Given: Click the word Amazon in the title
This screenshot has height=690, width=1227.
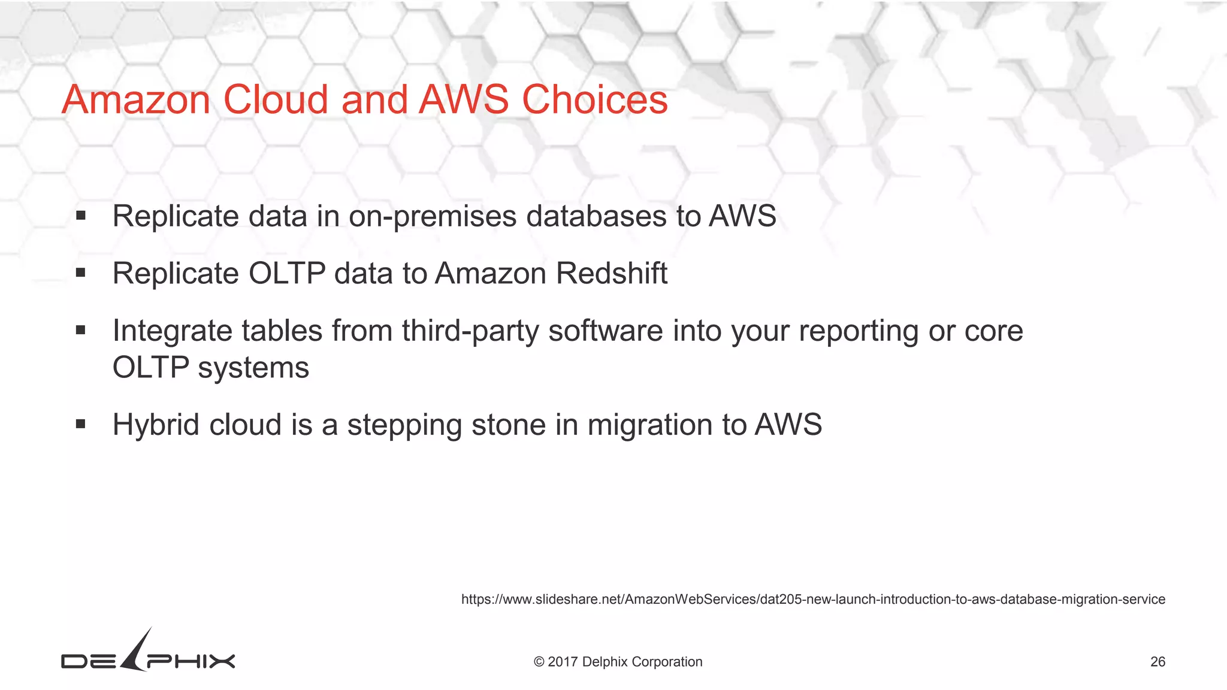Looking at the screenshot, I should [135, 99].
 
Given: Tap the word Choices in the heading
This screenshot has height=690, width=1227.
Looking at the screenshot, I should [594, 99].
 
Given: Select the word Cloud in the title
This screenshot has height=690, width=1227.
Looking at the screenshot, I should [276, 99].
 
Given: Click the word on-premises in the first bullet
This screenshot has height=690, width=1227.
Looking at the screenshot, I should [433, 216].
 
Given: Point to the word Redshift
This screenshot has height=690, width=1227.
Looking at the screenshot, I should [611, 274].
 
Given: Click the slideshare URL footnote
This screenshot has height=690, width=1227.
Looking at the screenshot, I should [812, 600].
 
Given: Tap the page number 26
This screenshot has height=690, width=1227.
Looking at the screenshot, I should [1158, 662].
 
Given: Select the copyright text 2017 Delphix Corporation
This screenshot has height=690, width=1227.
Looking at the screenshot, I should [618, 662].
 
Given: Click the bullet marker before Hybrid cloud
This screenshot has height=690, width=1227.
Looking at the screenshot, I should [81, 425].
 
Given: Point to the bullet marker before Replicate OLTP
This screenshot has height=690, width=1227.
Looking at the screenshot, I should [81, 273].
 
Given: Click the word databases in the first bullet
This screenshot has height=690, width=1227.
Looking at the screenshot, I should [596, 216].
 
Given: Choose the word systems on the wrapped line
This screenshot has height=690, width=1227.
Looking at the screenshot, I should [253, 368].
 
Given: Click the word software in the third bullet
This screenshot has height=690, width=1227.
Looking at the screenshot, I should [605, 331].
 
